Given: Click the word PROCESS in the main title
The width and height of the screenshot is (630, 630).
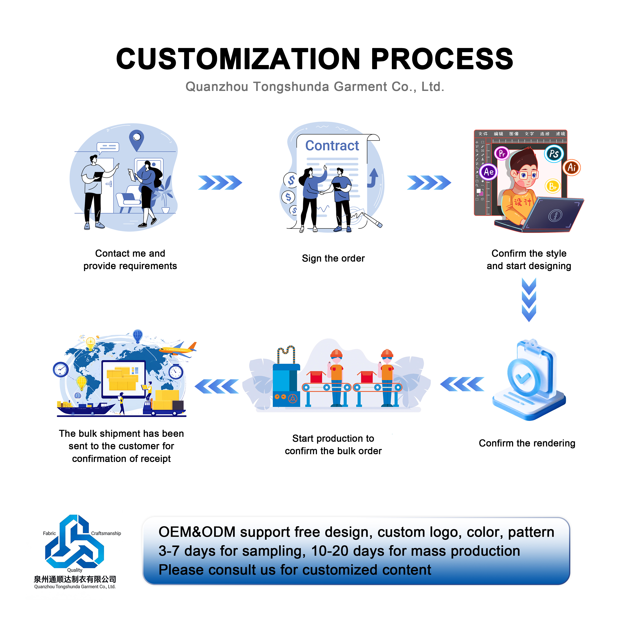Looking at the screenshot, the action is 442,59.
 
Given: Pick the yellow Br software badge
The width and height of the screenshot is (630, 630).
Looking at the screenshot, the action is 553,186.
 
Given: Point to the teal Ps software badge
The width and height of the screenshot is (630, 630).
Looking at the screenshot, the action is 554,154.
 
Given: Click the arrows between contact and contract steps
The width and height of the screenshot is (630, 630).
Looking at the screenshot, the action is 220,183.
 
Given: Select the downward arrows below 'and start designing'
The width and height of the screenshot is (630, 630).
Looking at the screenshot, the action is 529,300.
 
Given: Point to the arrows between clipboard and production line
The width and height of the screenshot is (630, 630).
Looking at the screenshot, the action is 462,384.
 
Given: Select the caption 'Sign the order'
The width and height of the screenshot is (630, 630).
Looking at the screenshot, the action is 333,258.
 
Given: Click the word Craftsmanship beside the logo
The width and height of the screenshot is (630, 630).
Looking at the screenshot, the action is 106,533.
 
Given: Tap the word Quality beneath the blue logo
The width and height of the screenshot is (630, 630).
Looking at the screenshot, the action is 75,570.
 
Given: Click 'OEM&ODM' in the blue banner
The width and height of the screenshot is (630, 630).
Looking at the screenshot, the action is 197,532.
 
